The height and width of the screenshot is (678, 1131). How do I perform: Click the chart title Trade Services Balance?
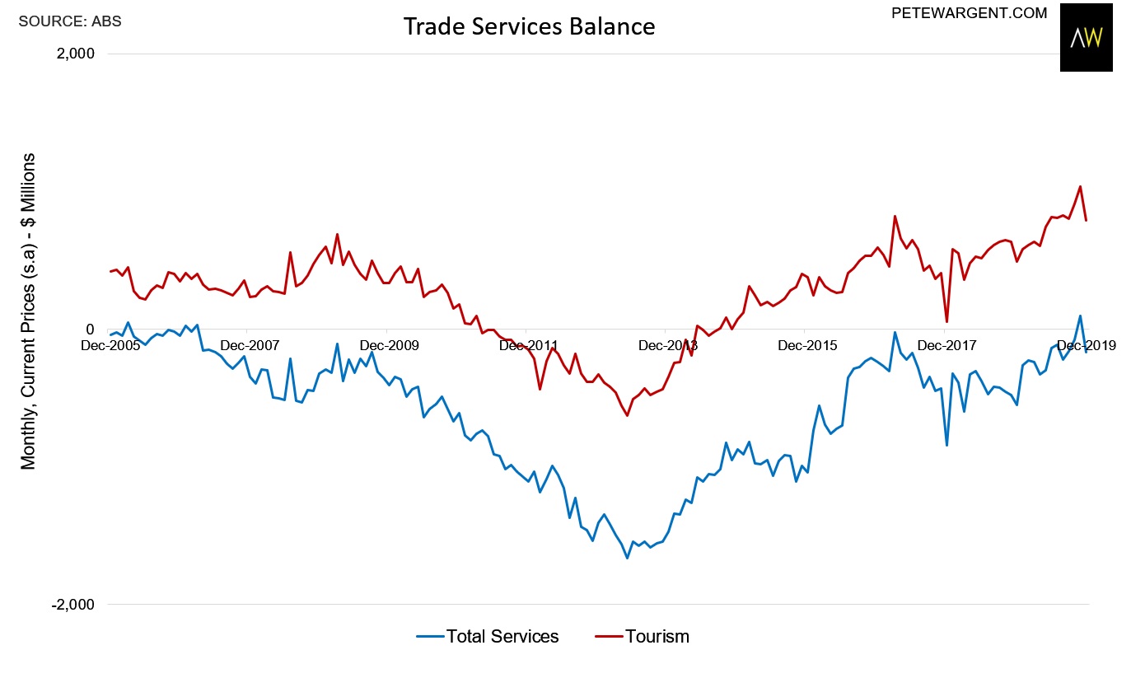(x=529, y=27)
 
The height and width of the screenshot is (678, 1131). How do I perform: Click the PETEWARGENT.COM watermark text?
(x=970, y=13)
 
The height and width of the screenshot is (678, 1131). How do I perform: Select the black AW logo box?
(x=1086, y=38)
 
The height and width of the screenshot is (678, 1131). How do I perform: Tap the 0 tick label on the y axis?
(x=90, y=330)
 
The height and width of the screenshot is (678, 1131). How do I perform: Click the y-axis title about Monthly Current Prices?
(x=29, y=311)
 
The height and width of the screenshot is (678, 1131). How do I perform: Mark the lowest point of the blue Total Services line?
(x=627, y=558)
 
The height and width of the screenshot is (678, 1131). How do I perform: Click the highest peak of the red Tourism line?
(x=1080, y=186)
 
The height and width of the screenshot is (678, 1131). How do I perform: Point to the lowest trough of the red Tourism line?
(x=627, y=415)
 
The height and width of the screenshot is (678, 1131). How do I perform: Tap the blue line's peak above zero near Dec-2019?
(x=1080, y=316)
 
